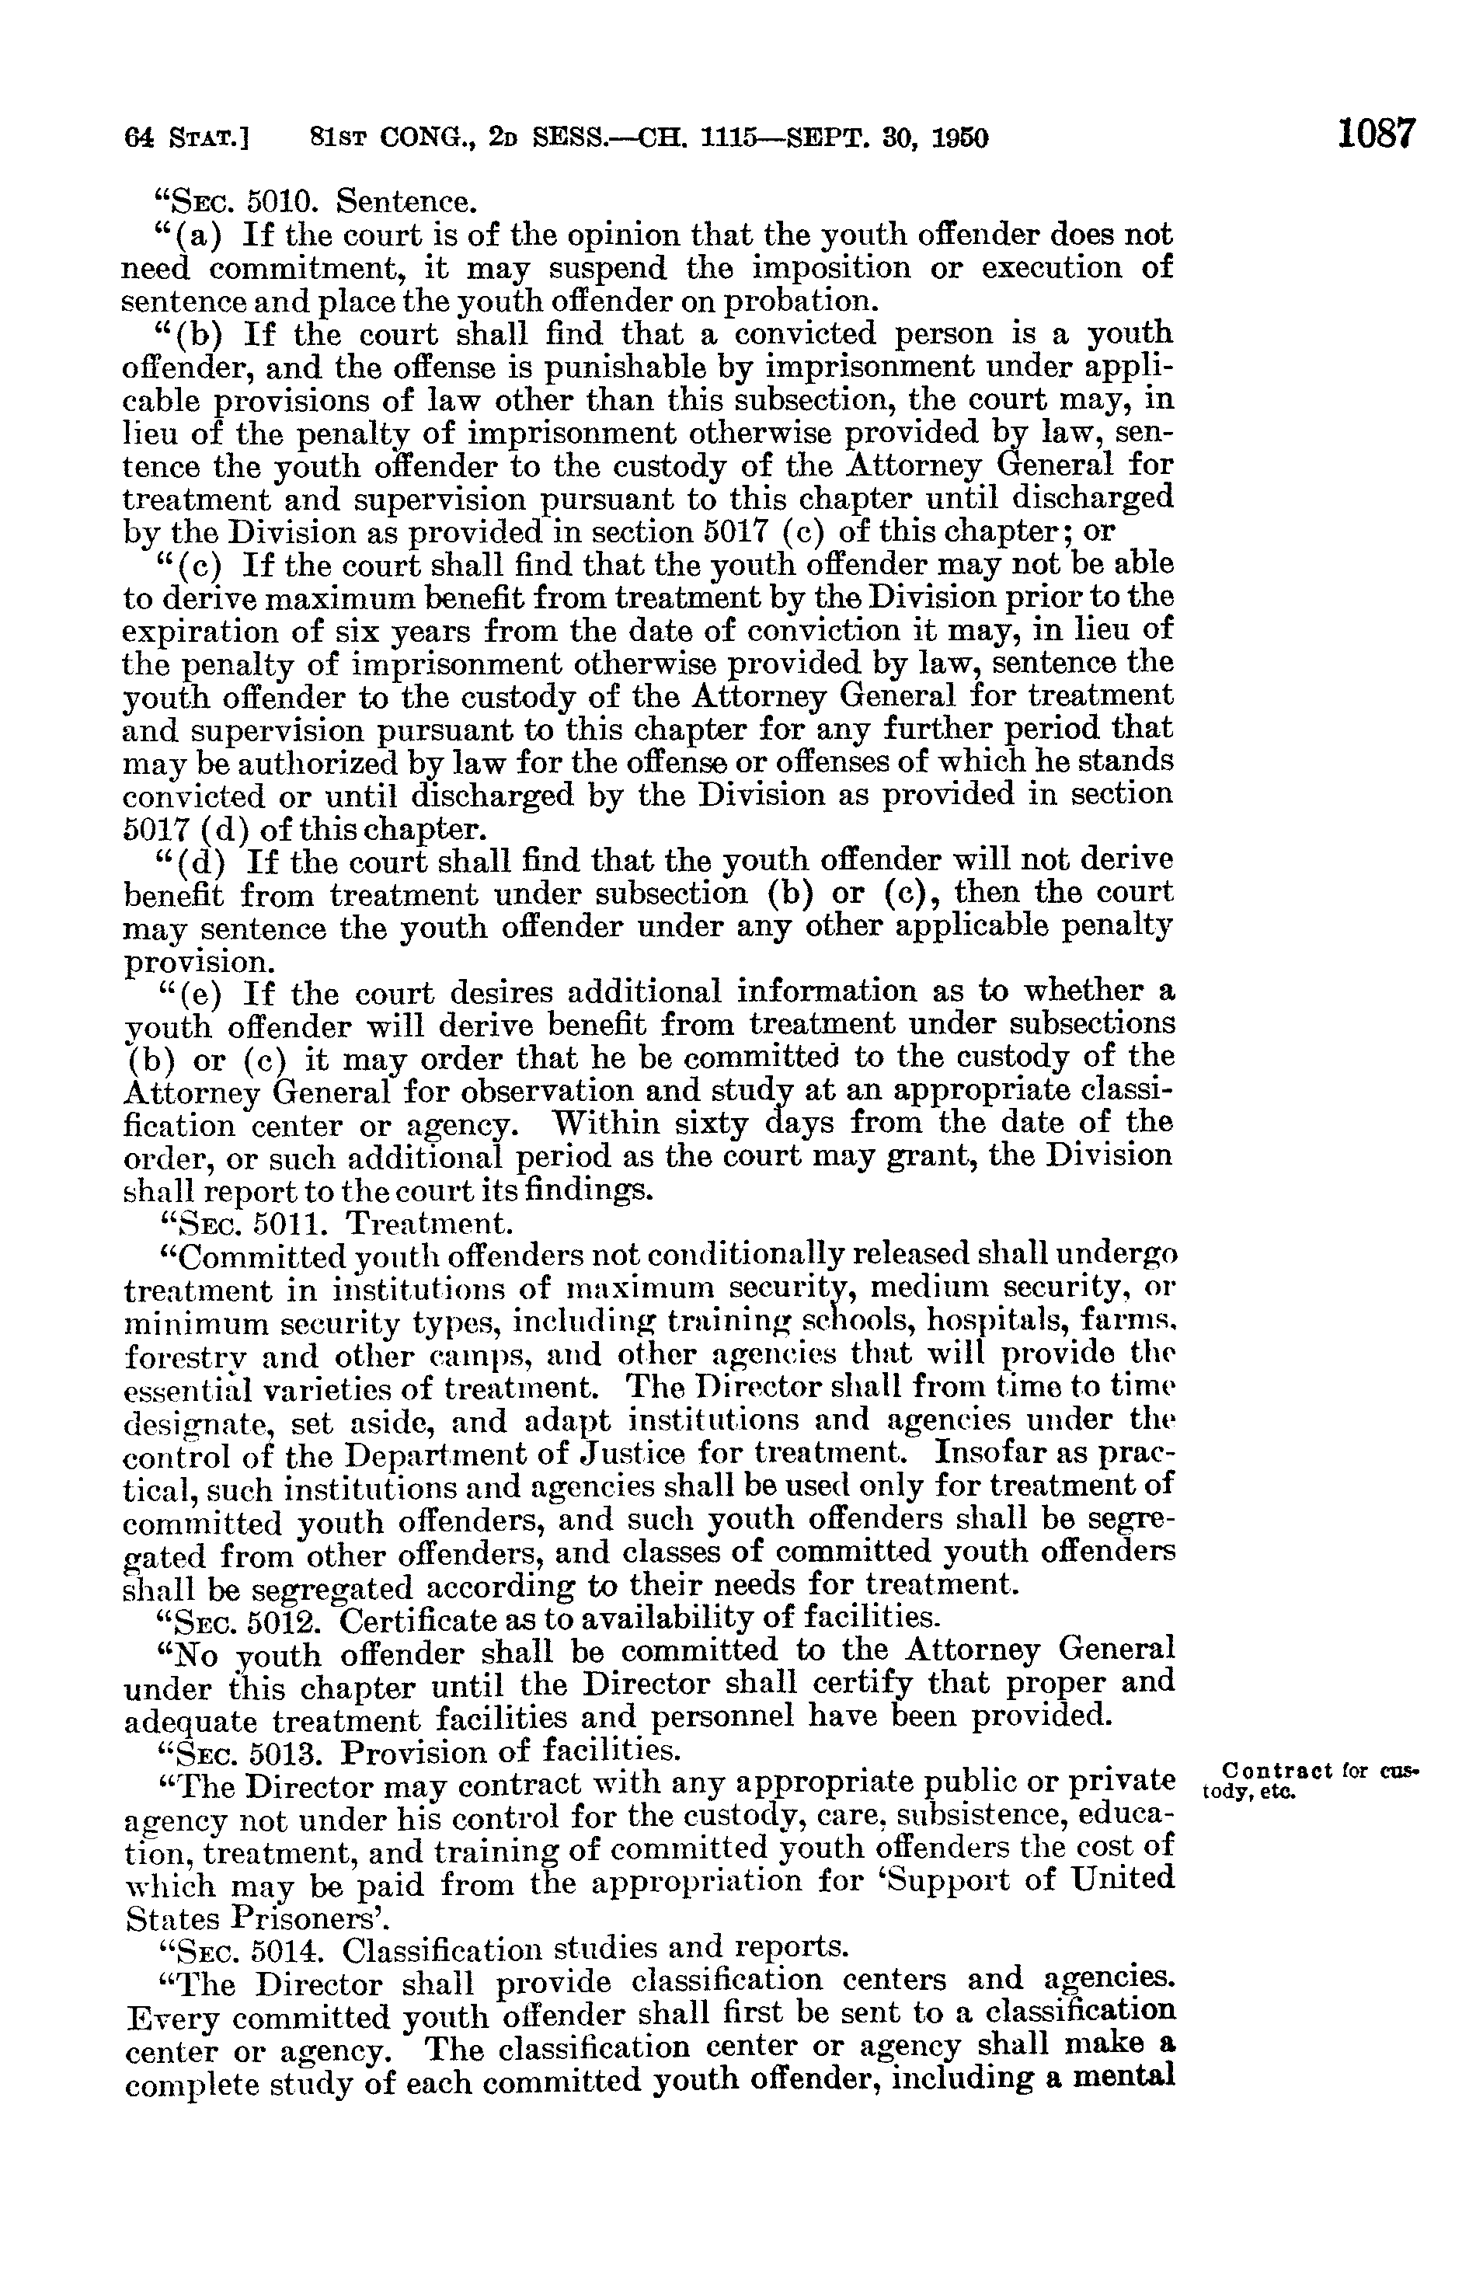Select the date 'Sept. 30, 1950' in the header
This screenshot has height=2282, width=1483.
tap(886, 139)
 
